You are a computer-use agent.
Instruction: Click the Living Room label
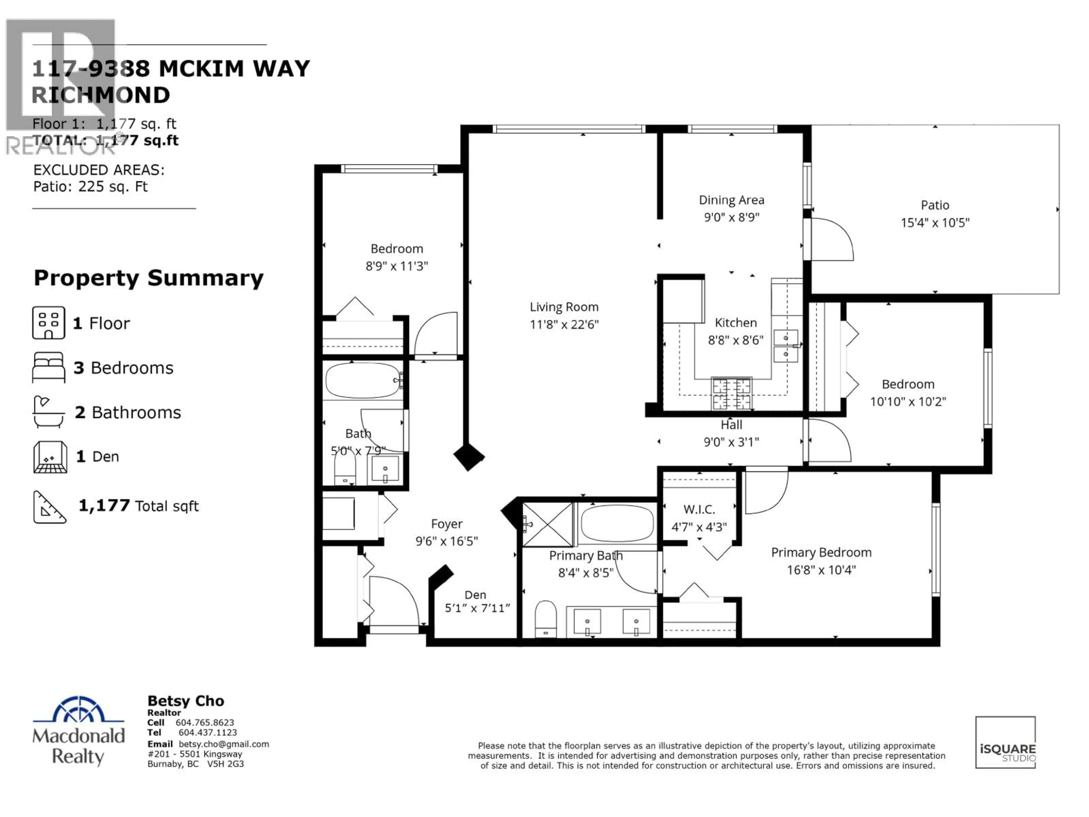click(564, 307)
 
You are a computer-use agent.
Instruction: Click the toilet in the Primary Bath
click(545, 618)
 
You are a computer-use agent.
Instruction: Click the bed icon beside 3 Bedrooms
click(48, 367)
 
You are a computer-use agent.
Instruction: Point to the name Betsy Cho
click(185, 701)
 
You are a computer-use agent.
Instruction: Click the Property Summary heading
click(148, 278)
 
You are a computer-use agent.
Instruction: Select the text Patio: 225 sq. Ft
click(90, 187)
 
